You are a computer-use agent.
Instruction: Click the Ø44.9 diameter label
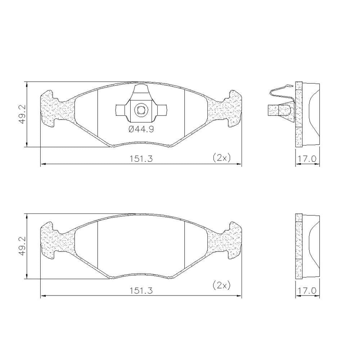pyautogui.click(x=141, y=130)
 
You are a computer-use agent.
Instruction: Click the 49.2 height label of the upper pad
pyautogui.click(x=22, y=114)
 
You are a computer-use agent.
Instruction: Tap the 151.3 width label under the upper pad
pyautogui.click(x=141, y=159)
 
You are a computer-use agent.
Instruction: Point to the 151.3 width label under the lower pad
pyautogui.click(x=141, y=291)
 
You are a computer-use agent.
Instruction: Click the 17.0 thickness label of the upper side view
pyautogui.click(x=307, y=159)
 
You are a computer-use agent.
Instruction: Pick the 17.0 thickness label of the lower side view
pyautogui.click(x=307, y=291)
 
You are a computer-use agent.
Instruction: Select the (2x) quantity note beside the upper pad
pyautogui.click(x=221, y=158)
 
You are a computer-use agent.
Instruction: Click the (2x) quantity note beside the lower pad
pyautogui.click(x=221, y=285)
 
